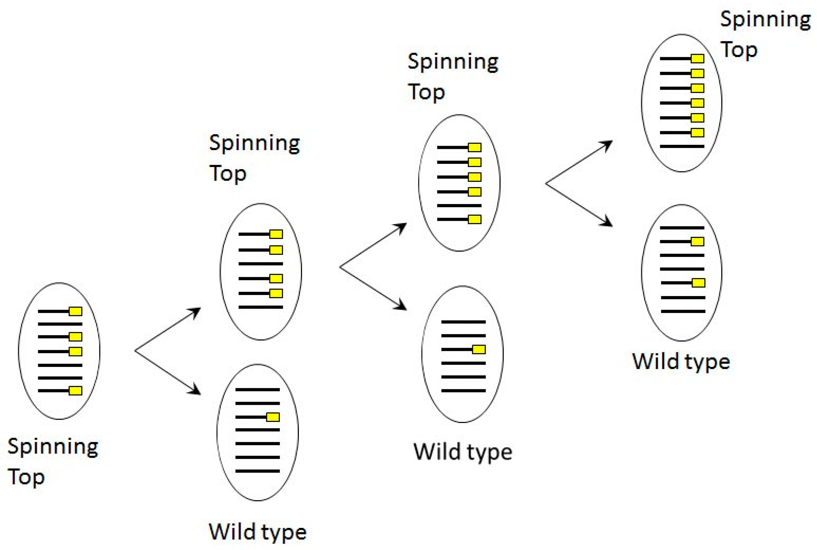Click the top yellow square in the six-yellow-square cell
[x=697, y=58]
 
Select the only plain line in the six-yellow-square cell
[x=682, y=146]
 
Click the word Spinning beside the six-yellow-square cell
[x=765, y=19]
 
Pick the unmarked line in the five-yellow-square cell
[x=459, y=206]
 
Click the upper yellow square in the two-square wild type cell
[x=697, y=241]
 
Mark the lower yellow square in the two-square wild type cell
[x=698, y=283]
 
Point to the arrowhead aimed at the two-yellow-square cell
[x=609, y=224]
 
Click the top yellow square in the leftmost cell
[x=75, y=311]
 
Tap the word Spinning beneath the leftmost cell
[x=53, y=447]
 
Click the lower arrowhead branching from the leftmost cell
[x=197, y=392]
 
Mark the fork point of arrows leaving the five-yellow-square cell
[x=545, y=183]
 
